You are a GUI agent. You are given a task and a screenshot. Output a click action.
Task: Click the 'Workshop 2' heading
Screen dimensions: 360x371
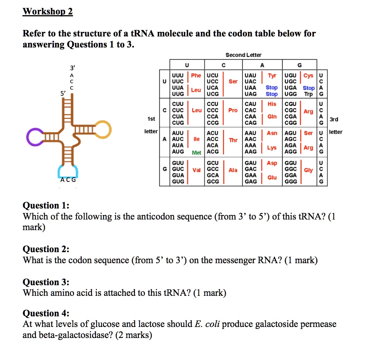(x=48, y=12)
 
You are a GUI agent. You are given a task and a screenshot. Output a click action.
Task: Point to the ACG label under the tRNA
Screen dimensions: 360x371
(x=68, y=180)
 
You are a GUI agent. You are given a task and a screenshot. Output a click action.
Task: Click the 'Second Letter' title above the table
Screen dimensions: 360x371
(x=243, y=55)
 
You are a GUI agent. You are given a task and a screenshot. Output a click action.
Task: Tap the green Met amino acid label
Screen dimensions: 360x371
(x=197, y=153)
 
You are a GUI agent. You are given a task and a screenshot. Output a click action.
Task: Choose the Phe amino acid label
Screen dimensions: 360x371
(x=196, y=75)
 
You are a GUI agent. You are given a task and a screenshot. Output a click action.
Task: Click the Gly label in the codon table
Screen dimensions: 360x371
(x=308, y=170)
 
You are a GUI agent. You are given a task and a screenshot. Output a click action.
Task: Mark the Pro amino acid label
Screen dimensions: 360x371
(x=233, y=110)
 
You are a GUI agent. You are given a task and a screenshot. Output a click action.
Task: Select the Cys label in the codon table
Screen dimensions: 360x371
(x=309, y=75)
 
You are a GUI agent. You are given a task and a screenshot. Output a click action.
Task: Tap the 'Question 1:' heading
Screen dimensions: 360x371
(x=46, y=205)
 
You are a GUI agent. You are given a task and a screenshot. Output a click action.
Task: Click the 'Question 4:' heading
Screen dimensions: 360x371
(x=46, y=313)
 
